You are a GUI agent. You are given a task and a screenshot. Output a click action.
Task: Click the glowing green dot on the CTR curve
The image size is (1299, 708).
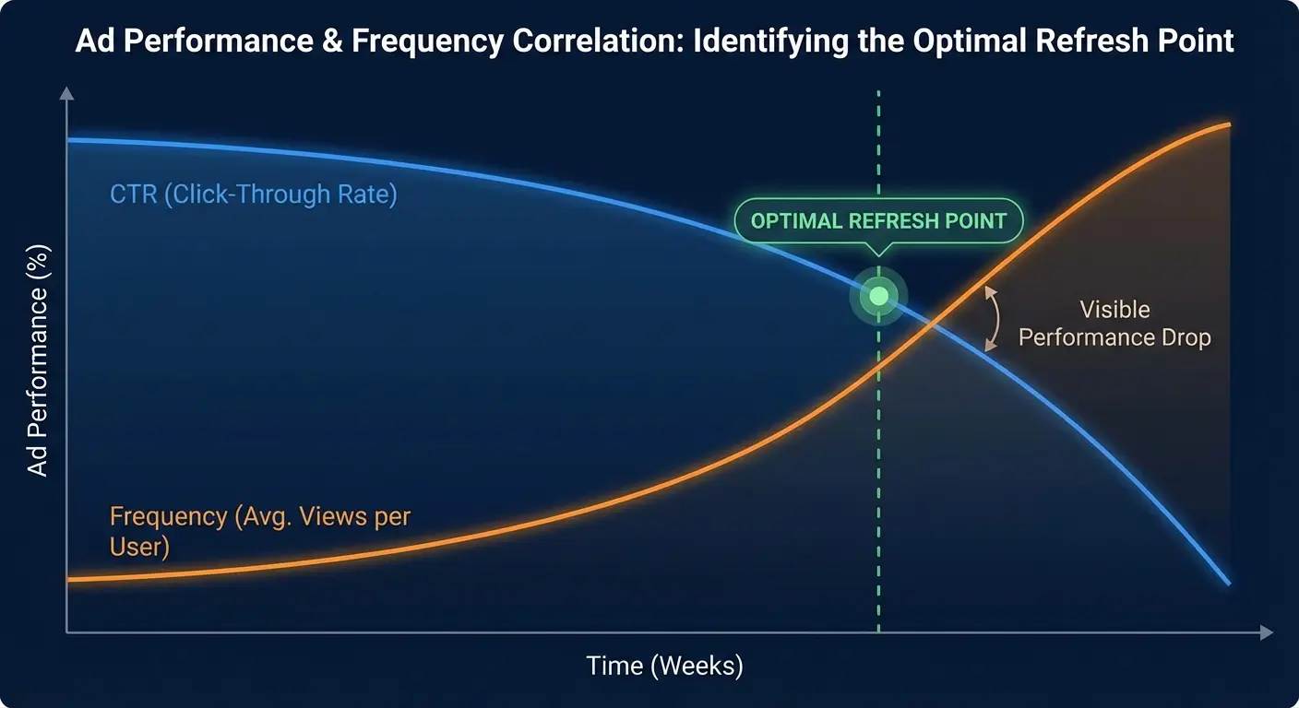pyautogui.click(x=878, y=296)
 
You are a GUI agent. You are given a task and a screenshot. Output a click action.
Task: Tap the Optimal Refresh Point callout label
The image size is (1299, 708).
pyautogui.click(x=877, y=221)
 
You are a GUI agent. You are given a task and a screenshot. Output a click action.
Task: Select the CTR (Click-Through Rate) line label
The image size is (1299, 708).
pyautogui.click(x=253, y=195)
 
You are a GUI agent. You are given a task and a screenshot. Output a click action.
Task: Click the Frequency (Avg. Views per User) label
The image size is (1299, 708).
pyautogui.click(x=259, y=530)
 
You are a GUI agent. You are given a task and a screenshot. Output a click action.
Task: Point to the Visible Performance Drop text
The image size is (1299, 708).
pyautogui.click(x=1114, y=324)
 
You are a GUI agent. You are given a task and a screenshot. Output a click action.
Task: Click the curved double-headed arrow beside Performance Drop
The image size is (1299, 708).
pyautogui.click(x=993, y=318)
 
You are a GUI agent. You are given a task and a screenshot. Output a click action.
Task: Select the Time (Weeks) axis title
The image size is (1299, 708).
pyautogui.click(x=664, y=666)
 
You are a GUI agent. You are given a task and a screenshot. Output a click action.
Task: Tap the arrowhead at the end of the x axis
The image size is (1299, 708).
pyautogui.click(x=1267, y=632)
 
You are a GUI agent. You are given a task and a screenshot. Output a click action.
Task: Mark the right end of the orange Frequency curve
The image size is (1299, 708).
pyautogui.click(x=1229, y=124)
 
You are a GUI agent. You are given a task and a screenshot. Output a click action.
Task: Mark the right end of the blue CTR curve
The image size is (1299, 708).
pyautogui.click(x=1229, y=584)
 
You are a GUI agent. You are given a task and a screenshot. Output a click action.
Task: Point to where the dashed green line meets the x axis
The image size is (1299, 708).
pyautogui.click(x=878, y=632)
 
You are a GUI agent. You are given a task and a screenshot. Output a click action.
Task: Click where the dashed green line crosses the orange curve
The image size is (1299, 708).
pyautogui.click(x=878, y=366)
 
